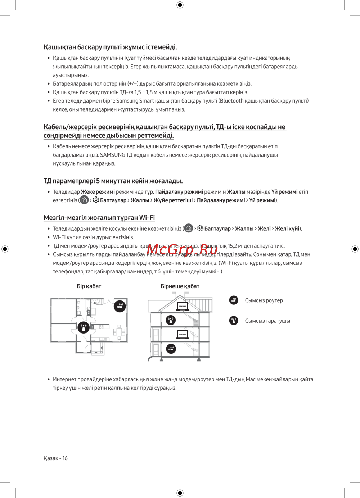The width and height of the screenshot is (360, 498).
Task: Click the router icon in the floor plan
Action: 120,306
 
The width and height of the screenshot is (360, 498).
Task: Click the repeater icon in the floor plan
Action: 84,328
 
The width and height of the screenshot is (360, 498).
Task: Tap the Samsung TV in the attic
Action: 183,306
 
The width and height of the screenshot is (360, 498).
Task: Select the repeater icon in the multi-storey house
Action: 171,320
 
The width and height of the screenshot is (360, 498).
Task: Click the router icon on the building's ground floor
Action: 171,348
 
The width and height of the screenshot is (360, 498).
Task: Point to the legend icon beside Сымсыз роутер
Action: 234,300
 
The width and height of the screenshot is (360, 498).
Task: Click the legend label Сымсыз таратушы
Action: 267,321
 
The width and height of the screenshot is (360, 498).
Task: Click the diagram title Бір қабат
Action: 89,286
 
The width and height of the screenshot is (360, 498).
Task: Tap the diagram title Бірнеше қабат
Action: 180,286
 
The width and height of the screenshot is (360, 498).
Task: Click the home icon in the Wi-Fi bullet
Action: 188,228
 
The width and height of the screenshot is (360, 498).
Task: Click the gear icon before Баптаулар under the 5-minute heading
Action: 96,200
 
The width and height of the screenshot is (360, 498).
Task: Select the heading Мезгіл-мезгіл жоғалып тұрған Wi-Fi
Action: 99,218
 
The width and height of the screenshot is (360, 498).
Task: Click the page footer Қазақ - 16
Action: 55,458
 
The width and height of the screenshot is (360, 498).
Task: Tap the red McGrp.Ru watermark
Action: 182,249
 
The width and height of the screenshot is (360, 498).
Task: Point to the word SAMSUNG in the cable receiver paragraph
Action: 113,155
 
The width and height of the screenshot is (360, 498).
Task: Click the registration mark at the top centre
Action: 180,5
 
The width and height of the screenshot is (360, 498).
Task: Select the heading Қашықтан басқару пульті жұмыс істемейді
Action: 110,47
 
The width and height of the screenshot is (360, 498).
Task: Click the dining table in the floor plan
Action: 119,331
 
